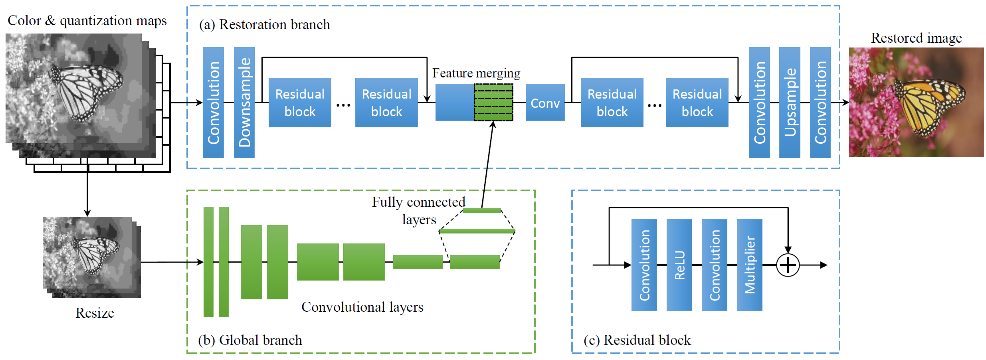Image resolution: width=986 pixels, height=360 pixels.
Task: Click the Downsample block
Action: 244,102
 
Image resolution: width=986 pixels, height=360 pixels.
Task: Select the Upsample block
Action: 789,102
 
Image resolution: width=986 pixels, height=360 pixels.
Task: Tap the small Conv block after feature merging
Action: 545,103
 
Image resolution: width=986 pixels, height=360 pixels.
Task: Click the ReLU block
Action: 679,265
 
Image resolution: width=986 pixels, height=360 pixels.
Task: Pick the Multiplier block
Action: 749,265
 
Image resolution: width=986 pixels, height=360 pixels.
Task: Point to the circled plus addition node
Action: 788,265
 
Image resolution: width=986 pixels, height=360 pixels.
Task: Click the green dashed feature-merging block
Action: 493,103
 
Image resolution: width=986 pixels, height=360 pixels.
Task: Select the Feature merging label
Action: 476,73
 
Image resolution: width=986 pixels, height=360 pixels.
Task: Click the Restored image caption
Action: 916,38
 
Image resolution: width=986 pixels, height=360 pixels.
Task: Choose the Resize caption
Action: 95,313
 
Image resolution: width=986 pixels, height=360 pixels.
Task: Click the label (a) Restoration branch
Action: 264,25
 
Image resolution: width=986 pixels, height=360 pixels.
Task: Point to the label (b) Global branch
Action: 250,340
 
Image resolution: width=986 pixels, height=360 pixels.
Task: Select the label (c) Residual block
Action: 637,340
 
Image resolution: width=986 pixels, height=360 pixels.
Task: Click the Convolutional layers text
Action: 362,307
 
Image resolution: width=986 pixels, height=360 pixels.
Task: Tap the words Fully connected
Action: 418,202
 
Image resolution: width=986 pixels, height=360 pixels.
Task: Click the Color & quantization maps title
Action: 87,21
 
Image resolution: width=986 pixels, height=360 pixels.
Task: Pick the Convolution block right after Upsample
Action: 820,102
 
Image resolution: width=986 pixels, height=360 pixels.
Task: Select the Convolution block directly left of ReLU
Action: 644,265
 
